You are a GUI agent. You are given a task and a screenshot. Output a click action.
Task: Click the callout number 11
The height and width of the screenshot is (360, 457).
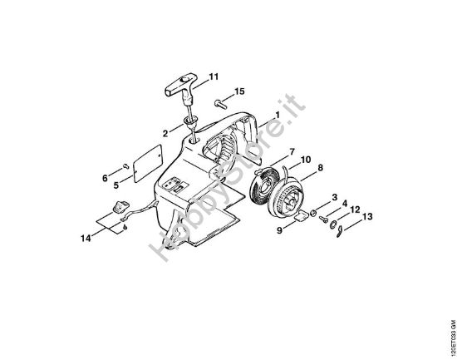click(x=214, y=77)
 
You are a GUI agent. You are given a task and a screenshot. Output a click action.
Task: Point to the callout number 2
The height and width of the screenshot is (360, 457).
click(x=165, y=133)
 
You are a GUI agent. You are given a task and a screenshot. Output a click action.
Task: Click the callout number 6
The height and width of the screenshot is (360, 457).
click(x=106, y=177)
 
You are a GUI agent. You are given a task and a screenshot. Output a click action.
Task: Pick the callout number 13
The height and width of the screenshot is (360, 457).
click(x=368, y=217)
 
